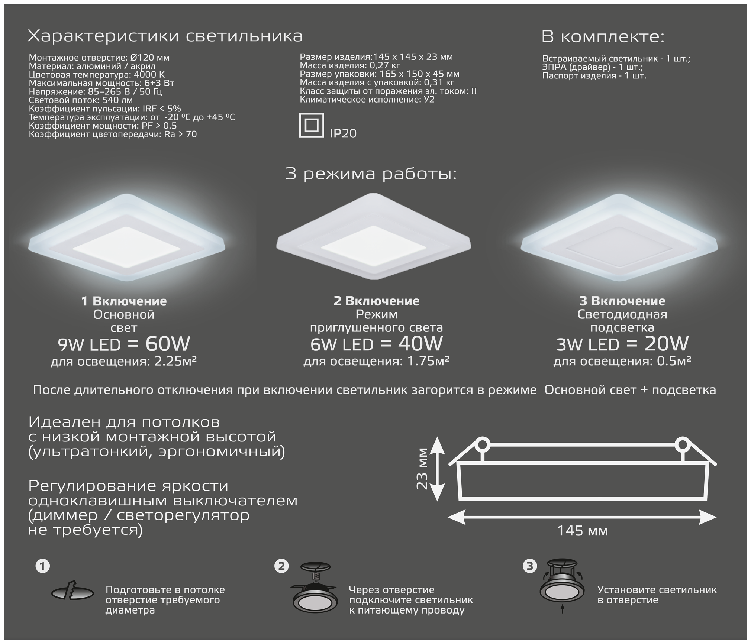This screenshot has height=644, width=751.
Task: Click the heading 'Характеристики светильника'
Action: (165, 36)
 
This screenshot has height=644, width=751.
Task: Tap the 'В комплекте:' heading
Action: (603, 37)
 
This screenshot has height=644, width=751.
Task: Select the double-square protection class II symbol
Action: (311, 125)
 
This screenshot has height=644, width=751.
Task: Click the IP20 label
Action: (343, 133)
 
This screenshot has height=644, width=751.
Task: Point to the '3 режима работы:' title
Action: (371, 174)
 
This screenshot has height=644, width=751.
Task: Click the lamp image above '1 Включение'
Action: (127, 238)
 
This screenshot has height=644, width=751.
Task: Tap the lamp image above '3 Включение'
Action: (619, 238)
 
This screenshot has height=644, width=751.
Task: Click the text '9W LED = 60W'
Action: (124, 344)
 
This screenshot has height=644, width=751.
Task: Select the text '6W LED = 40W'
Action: (376, 344)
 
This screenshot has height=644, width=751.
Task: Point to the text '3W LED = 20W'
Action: (622, 344)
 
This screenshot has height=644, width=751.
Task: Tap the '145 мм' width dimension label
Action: (582, 531)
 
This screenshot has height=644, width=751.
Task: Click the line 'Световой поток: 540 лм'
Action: (81, 100)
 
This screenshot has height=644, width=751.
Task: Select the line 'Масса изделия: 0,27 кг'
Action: (350, 66)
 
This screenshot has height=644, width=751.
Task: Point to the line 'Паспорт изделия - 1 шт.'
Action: (594, 76)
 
